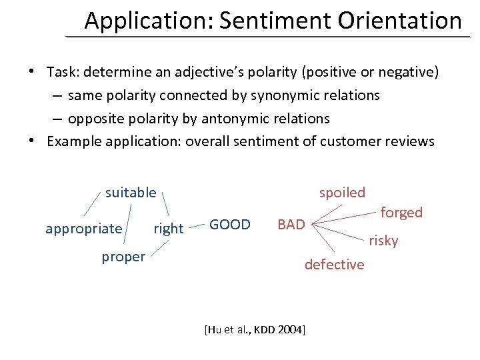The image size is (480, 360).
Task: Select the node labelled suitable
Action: [x=131, y=193]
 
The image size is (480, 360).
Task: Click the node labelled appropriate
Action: [x=84, y=229]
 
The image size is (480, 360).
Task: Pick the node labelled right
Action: [x=168, y=229]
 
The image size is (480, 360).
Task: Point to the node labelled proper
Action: [x=123, y=257]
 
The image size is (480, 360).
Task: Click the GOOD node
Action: [x=230, y=225]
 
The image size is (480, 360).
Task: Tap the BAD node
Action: [x=291, y=225]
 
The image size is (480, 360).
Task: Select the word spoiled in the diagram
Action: [x=342, y=193]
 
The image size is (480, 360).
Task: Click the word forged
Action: [x=401, y=213]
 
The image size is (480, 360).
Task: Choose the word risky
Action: [x=383, y=241]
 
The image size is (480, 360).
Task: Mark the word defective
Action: [x=335, y=265]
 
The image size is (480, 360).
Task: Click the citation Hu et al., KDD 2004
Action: [x=254, y=329]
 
